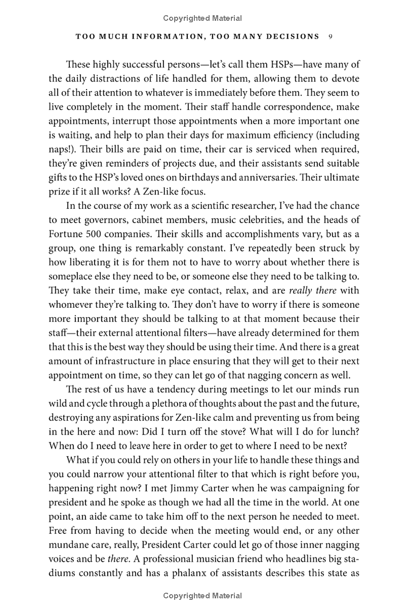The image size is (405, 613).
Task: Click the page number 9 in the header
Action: click(x=330, y=37)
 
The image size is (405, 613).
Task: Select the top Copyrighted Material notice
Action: click(x=202, y=18)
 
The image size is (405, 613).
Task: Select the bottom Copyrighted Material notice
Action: click(x=202, y=596)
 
